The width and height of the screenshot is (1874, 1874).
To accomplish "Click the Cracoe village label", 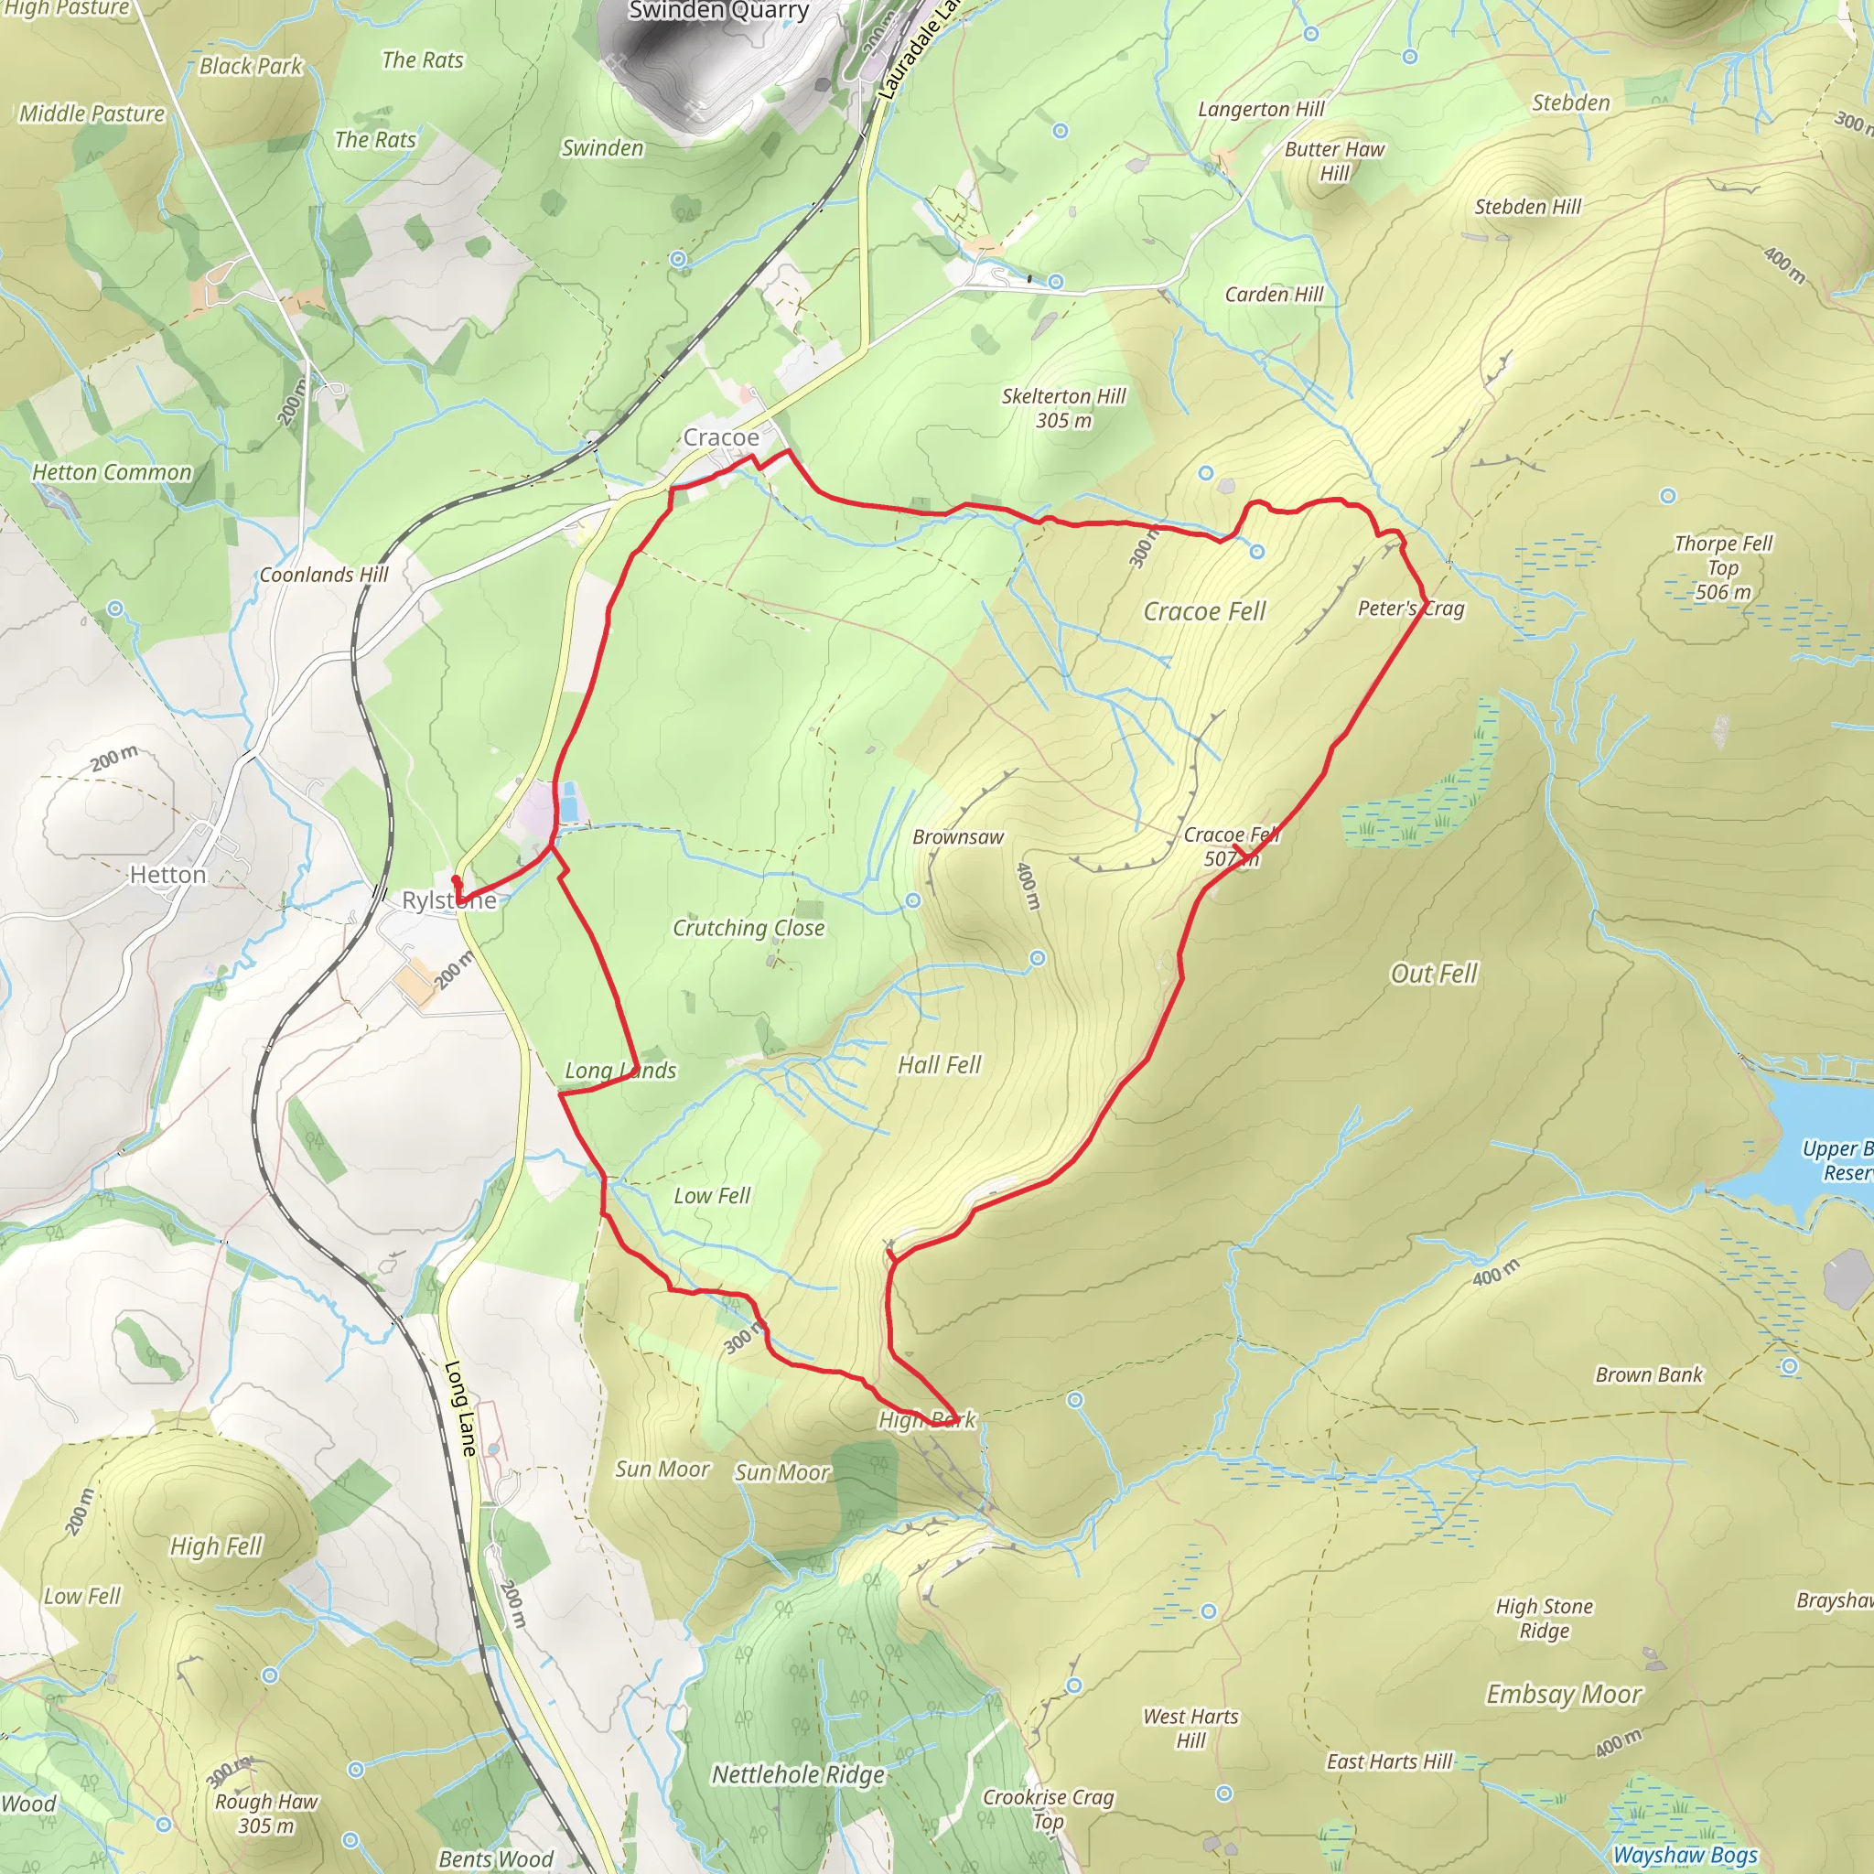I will [721, 437].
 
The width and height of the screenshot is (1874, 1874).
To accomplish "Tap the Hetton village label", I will [167, 875].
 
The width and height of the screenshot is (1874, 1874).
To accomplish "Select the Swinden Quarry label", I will [717, 12].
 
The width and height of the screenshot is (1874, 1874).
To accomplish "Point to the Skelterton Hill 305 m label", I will [1063, 408].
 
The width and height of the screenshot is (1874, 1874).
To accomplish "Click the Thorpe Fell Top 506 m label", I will [1723, 567].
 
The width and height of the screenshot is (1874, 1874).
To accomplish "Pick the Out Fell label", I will [1434, 974].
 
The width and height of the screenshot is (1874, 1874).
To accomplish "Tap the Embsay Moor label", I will [1564, 1695].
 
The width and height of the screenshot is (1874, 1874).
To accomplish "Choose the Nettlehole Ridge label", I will [798, 1775].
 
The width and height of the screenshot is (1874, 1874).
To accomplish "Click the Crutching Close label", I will [749, 928].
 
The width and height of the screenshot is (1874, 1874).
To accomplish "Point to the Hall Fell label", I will [939, 1065].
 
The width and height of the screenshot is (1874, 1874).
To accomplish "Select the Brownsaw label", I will [957, 837].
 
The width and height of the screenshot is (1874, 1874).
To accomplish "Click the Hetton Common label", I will [112, 472].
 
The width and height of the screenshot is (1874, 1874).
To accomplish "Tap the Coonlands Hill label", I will [323, 576].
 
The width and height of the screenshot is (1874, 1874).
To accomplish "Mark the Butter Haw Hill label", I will [1334, 161].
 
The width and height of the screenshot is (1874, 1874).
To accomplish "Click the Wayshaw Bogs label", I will [1685, 1855].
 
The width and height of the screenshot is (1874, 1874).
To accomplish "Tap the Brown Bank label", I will [1649, 1374].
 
